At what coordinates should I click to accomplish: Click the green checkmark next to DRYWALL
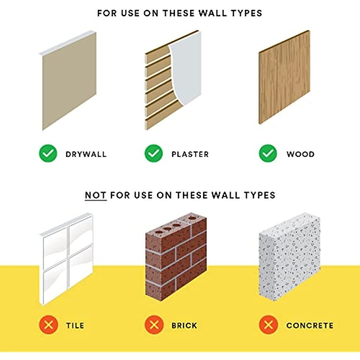click(x=48, y=153)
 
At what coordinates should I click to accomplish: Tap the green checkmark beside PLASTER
click(x=154, y=153)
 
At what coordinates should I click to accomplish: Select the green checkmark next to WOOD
click(x=268, y=153)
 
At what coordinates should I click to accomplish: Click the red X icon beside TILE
click(x=48, y=325)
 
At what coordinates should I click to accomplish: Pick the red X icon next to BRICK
click(x=154, y=325)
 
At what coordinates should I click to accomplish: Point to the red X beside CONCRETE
click(x=268, y=325)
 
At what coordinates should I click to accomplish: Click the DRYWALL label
click(x=86, y=154)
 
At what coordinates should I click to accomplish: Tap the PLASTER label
click(x=190, y=154)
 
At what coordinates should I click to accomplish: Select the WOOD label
click(x=300, y=154)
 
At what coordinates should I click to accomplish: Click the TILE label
click(x=75, y=325)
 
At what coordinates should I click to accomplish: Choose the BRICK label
click(x=184, y=325)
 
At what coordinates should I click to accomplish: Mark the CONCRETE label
click(x=310, y=325)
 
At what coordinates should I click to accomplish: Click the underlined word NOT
click(x=96, y=195)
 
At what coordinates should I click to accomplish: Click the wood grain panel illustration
click(x=285, y=77)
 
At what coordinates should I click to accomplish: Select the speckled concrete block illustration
click(x=289, y=256)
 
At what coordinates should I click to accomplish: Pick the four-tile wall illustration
click(x=66, y=259)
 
